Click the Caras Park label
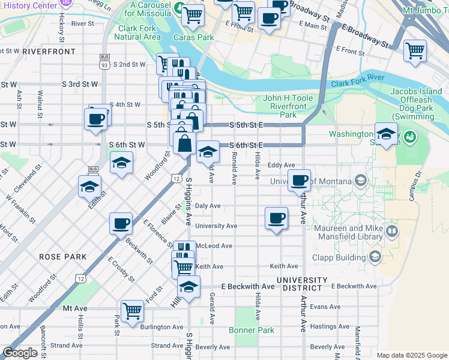click(194, 37)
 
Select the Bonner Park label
click(252, 330)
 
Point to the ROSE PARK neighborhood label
click(63, 257)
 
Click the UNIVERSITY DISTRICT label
click(302, 284)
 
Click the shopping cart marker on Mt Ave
click(132, 311)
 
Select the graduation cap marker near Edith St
click(89, 186)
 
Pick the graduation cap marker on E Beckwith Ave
click(188, 286)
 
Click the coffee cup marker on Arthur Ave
click(299, 180)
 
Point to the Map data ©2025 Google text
click(412, 355)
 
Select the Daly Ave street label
click(208, 206)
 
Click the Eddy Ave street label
click(282, 165)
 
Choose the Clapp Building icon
click(375, 257)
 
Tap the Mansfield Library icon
click(392, 230)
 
